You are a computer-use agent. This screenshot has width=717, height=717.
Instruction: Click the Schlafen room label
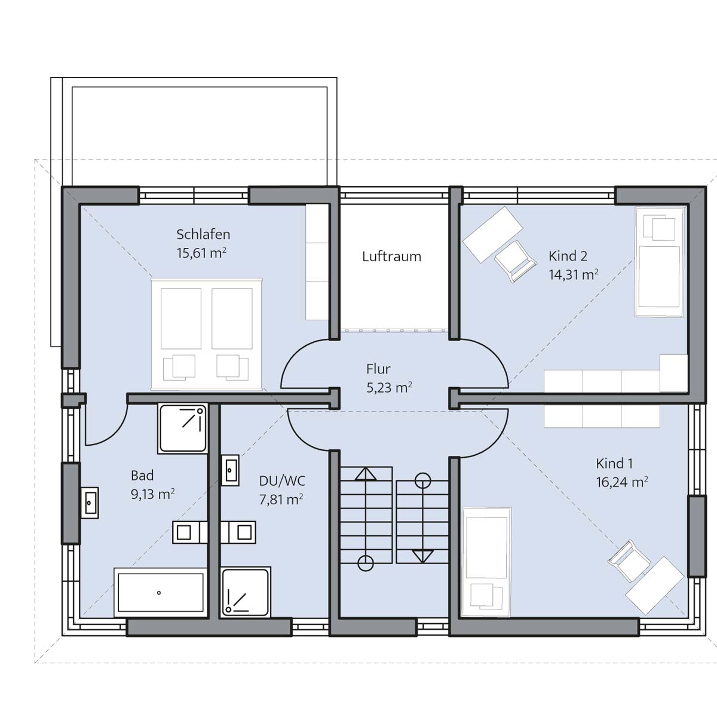203,234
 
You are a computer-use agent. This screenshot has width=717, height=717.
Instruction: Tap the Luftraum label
391,256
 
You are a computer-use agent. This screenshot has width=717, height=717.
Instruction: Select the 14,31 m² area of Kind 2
574,275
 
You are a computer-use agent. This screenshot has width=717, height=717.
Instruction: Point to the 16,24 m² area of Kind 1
622,482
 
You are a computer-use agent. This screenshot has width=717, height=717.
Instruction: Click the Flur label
378,369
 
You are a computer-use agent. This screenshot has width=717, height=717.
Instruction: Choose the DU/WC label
282,481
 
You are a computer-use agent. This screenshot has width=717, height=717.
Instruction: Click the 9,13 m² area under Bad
152,494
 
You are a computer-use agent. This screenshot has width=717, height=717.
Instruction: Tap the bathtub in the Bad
160,592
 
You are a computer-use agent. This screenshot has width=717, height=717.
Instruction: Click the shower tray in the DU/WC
245,592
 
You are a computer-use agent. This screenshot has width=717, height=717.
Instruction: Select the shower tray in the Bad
183,428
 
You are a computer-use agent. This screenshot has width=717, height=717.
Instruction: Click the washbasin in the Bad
89,502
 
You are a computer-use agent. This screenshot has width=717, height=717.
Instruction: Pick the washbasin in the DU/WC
230,470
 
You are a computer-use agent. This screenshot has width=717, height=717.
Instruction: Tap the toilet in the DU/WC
238,532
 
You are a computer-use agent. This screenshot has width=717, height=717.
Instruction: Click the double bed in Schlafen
207,335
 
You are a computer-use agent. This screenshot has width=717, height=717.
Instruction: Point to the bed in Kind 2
660,262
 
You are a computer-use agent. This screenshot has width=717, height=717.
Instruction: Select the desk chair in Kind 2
516,261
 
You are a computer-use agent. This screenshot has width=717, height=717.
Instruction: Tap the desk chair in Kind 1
629,560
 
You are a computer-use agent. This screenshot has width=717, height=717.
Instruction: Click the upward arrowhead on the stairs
366,474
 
